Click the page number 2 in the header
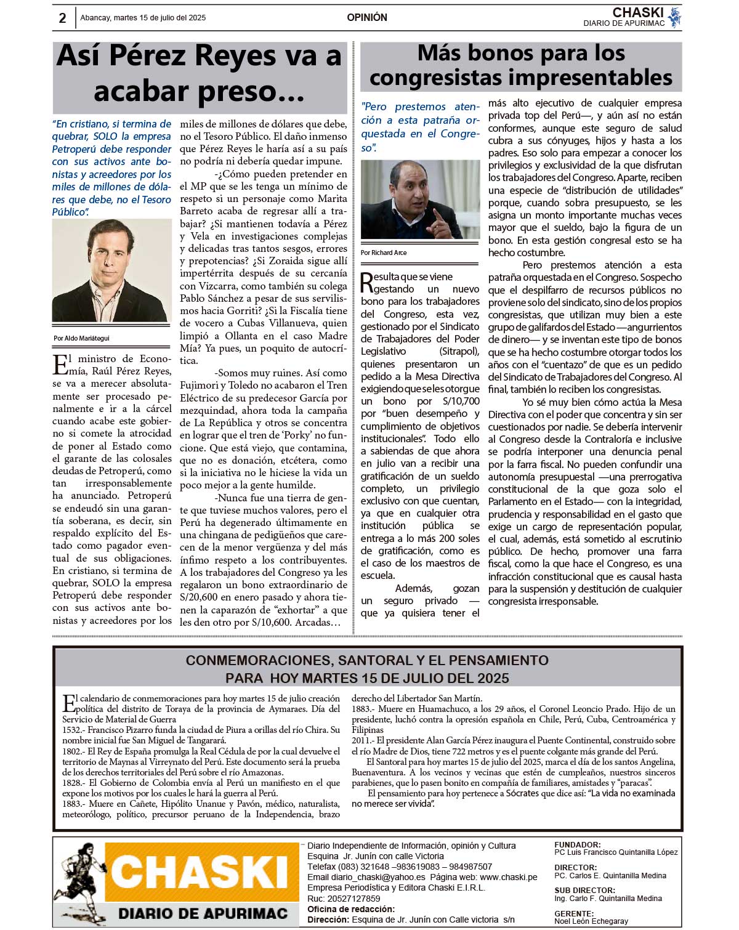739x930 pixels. pyautogui.click(x=62, y=18)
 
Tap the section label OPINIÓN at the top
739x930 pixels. pyautogui.click(x=367, y=17)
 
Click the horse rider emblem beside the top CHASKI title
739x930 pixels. pyautogui.click(x=675, y=17)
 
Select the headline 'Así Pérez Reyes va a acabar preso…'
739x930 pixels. pyautogui.click(x=199, y=73)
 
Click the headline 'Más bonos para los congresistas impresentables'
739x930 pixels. pyautogui.click(x=521, y=65)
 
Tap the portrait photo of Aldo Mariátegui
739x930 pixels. pyautogui.click(x=111, y=270)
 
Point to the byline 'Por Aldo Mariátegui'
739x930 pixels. pyautogui.click(x=81, y=338)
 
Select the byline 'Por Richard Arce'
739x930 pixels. pyautogui.click(x=384, y=253)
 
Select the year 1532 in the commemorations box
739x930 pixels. pyautogui.click(x=73, y=730)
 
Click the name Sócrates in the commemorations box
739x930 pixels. pyautogui.click(x=522, y=793)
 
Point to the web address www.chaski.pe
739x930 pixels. pyautogui.click(x=508, y=877)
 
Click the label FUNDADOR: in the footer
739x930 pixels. pyautogui.click(x=578, y=844)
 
